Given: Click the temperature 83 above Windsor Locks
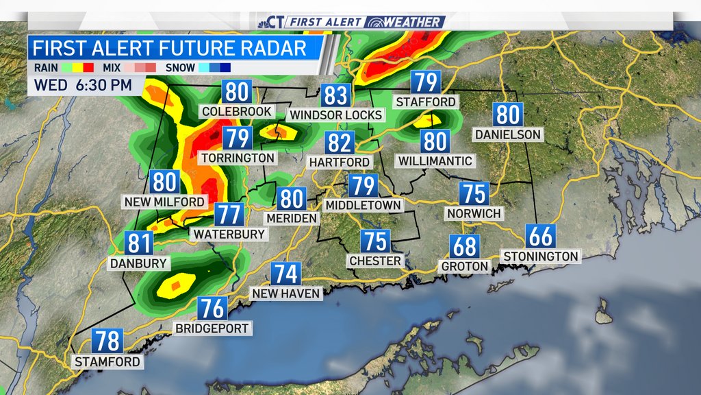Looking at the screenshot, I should coord(337,95).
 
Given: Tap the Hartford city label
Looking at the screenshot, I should coord(340,163).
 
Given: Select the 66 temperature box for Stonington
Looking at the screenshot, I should coord(541,237).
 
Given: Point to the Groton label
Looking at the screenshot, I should coord(465,266).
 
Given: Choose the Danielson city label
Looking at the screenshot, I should coord(509,134).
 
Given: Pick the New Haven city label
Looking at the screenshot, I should coord(286,294).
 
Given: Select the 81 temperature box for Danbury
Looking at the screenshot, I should coord(139,243).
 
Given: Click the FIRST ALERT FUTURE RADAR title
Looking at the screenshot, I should coord(169,48).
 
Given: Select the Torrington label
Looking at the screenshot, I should coord(238,158).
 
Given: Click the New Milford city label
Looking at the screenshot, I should coord(164,202).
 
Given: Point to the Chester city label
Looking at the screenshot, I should coord(374,261).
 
